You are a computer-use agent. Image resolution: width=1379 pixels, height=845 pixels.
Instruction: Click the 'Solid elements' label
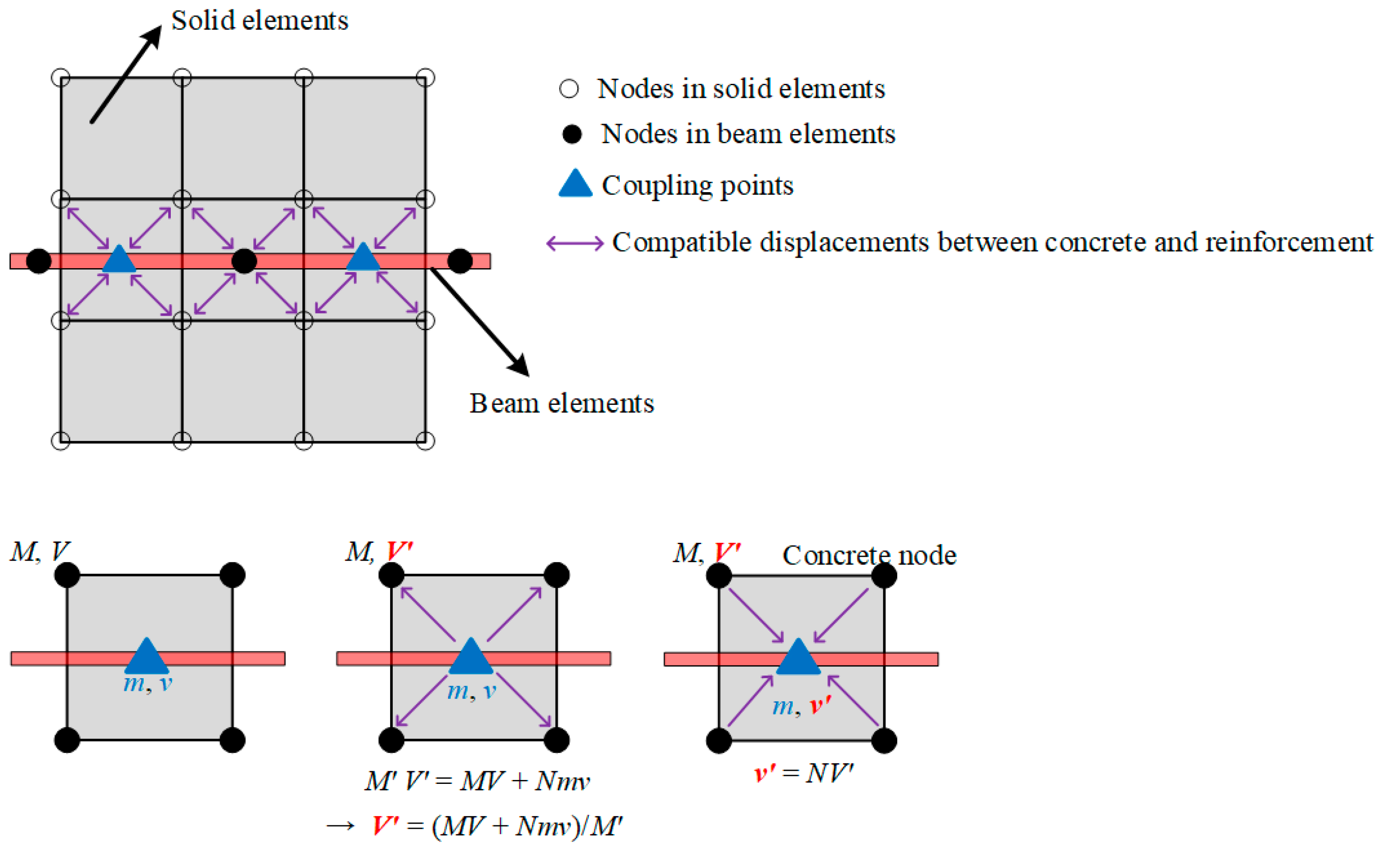[259, 21]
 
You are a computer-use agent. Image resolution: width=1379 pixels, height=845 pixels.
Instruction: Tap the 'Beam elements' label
[561, 404]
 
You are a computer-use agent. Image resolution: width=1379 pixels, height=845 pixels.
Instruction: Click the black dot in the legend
[571, 135]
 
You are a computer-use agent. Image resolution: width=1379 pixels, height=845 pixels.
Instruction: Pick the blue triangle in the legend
[575, 185]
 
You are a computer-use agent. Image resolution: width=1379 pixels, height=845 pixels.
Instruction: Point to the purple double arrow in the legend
[575, 243]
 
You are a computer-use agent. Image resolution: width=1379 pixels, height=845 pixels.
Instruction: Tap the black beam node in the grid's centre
[244, 261]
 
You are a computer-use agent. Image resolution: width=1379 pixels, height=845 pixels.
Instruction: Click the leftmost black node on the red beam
[38, 261]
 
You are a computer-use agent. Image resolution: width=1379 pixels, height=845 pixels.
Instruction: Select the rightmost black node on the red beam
[460, 261]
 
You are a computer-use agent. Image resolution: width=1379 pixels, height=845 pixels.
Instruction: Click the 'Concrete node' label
[869, 555]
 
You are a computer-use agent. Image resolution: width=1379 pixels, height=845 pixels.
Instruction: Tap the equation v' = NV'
[804, 773]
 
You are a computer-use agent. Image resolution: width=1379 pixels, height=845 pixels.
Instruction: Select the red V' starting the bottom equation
[386, 825]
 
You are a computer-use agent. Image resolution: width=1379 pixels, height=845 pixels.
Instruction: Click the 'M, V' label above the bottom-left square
[39, 552]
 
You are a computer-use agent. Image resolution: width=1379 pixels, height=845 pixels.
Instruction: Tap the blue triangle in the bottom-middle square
[471, 658]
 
